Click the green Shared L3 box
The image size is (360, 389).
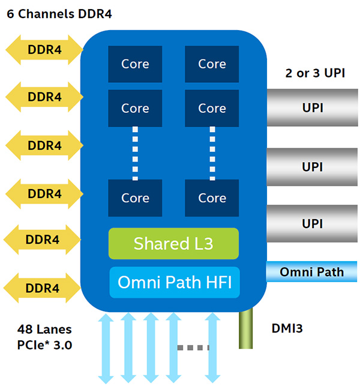173,243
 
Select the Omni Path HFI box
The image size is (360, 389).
173,282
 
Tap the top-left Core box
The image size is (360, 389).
135,64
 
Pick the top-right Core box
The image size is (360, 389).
212,64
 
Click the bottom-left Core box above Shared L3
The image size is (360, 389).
135,198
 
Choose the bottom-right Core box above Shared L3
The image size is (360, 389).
212,198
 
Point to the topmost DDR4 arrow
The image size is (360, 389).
44,50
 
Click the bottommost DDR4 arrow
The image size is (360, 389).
43,288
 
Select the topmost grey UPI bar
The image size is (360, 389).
312,108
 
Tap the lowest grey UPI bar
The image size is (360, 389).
312,223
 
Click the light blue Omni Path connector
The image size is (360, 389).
312,271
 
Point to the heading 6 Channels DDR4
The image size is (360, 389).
59,13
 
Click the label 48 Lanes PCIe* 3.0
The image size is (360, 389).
46,337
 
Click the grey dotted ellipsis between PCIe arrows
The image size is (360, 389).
193,347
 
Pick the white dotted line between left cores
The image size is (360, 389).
135,152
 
